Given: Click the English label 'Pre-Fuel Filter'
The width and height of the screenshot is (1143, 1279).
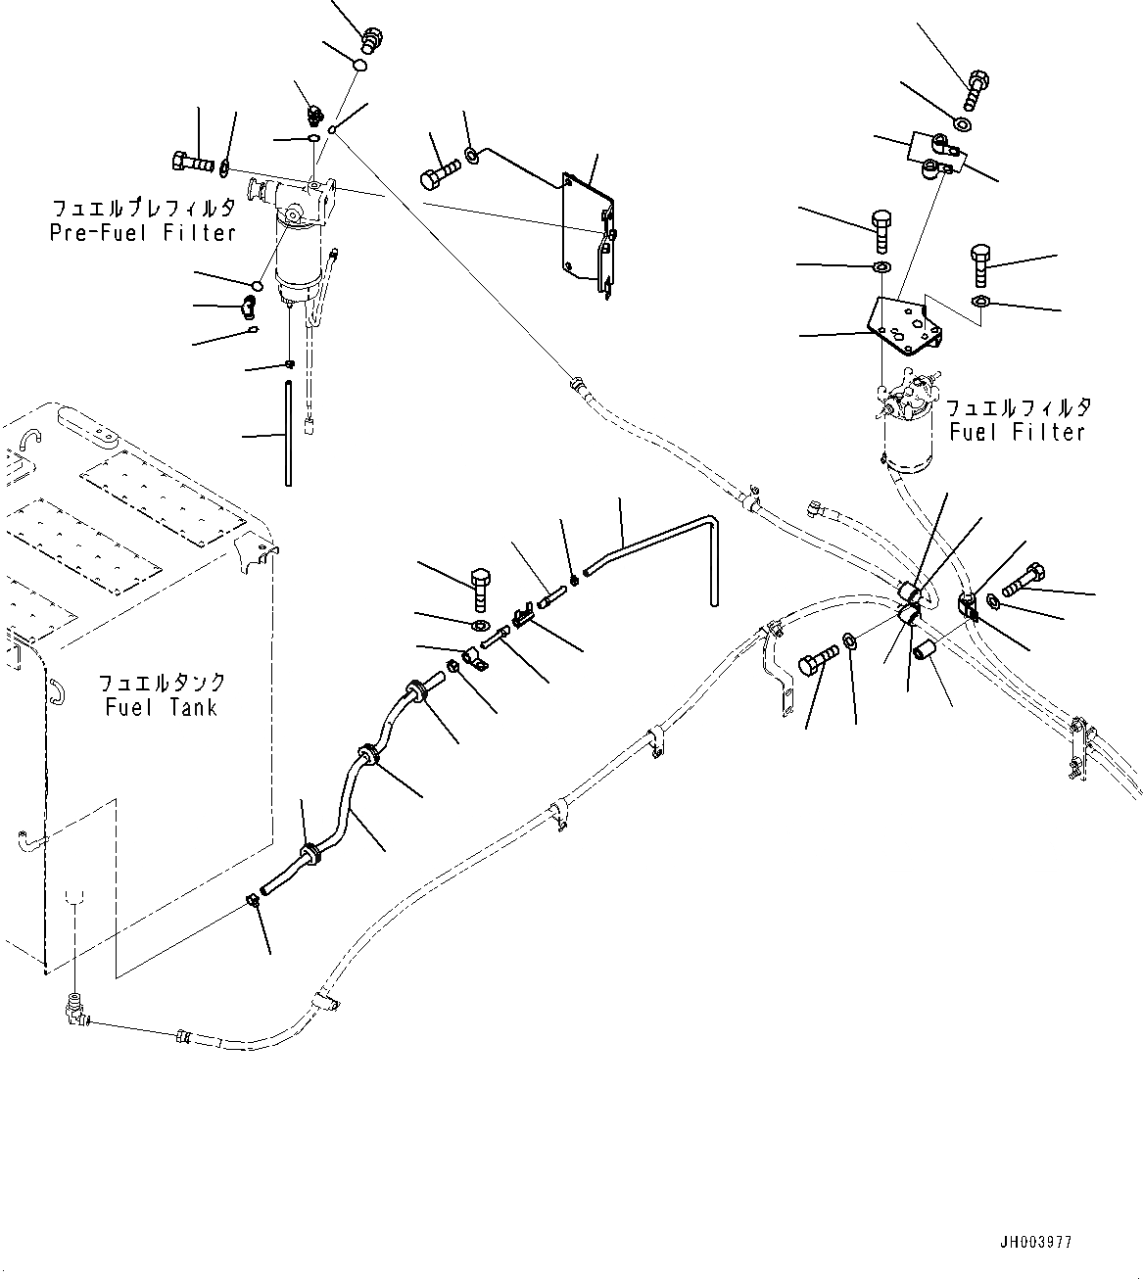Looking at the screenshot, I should click(x=143, y=233).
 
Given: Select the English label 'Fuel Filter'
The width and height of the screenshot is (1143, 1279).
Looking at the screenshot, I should click(x=1019, y=432).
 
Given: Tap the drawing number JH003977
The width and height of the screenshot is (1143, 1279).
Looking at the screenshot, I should click(x=1036, y=1242).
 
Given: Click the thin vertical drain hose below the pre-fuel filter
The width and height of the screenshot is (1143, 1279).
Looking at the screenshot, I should click(x=288, y=433).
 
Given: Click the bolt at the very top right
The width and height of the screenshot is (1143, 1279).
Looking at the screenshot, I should click(x=976, y=88).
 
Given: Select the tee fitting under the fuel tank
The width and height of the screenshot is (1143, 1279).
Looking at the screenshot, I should click(x=72, y=1008).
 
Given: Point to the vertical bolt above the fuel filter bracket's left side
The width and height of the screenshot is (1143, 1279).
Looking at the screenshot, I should click(x=881, y=229).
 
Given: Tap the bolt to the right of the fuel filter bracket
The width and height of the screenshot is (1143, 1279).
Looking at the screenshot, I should click(x=982, y=262).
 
